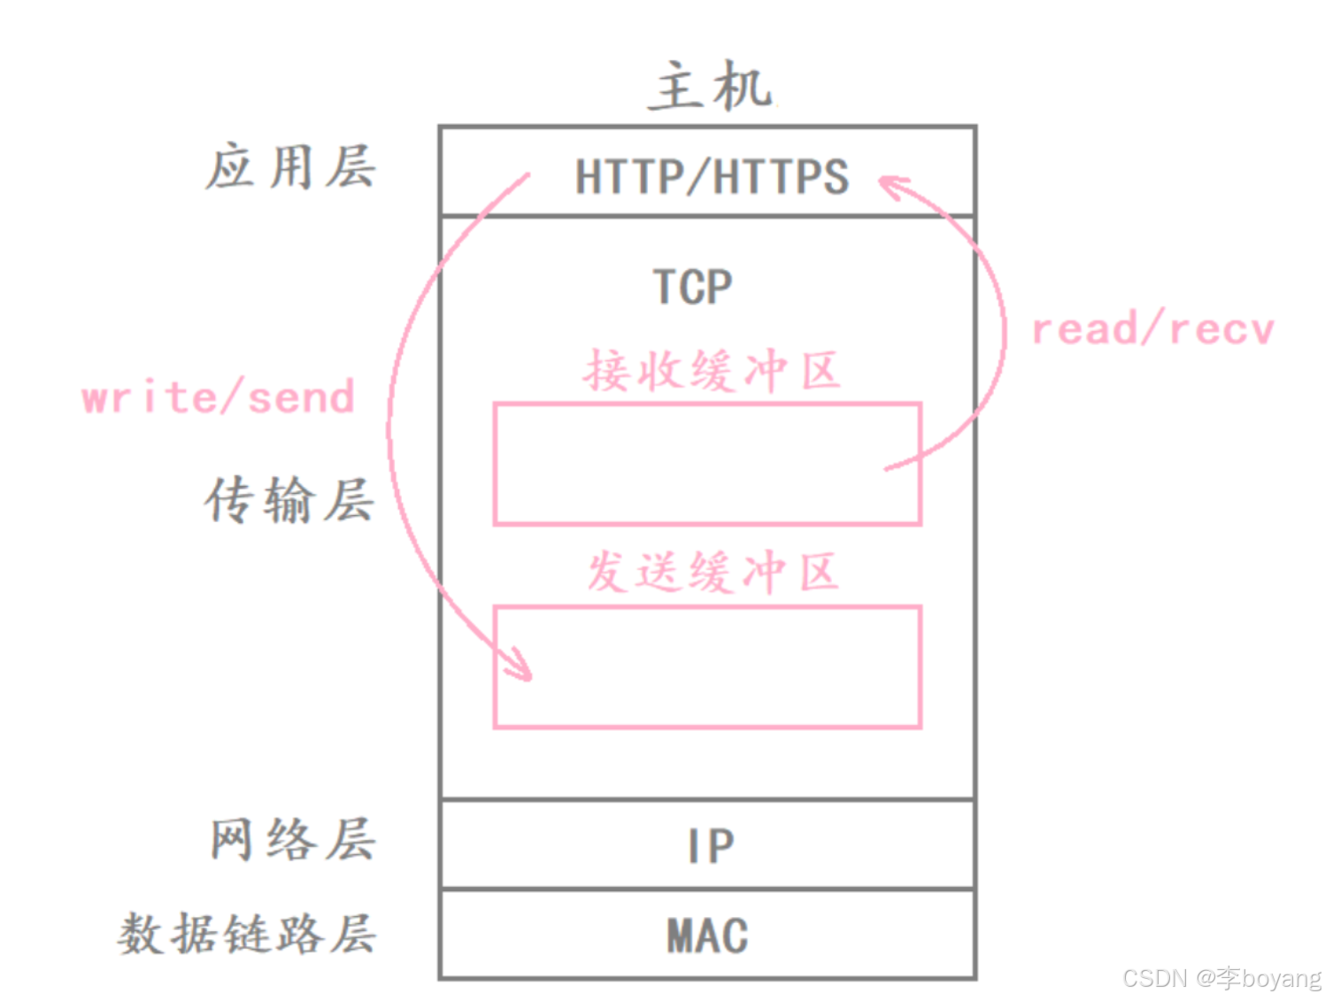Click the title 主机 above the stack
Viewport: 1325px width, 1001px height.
coord(710,87)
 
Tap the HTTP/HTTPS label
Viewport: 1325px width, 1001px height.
coord(712,176)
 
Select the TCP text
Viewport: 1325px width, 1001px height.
coord(693,287)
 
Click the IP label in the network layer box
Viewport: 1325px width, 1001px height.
coord(711,846)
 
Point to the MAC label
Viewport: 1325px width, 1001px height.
coord(707,936)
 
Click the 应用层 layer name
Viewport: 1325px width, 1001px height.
coord(290,167)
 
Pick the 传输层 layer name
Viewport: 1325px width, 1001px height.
coord(289,500)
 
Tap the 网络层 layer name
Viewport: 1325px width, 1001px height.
coord(292,839)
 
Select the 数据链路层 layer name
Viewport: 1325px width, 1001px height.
coord(247,934)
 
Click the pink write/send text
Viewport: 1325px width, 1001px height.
coord(218,397)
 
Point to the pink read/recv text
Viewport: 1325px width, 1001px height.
coord(1152,329)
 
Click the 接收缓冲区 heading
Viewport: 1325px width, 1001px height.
coord(711,370)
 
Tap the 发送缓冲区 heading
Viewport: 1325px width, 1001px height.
coord(712,572)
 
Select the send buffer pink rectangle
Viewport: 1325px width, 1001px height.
coord(708,667)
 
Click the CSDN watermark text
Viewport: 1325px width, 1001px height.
coord(1221,978)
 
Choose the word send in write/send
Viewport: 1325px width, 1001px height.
coord(301,397)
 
